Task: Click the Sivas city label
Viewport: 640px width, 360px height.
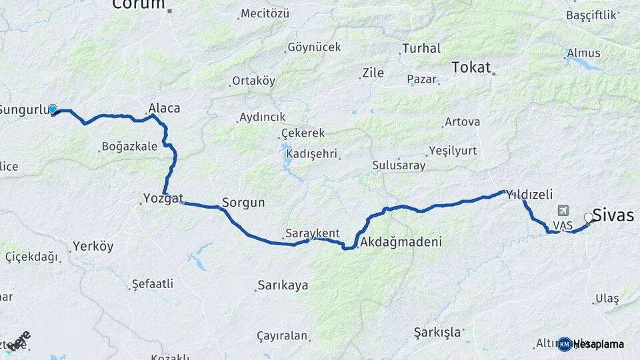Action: (613, 215)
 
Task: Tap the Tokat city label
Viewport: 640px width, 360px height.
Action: (471, 67)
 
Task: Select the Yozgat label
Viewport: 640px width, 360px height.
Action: (163, 198)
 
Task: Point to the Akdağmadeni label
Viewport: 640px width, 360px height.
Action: (401, 242)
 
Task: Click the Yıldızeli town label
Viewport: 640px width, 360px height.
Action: (529, 195)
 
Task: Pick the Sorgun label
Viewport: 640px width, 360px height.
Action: (243, 203)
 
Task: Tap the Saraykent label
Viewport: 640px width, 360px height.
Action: (312, 234)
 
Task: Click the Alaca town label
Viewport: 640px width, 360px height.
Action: (164, 108)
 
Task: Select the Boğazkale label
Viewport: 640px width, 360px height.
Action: (129, 147)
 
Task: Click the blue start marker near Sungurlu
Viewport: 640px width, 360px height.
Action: (53, 109)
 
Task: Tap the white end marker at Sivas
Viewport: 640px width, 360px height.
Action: (589, 217)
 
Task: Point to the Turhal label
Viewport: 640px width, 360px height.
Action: (421, 49)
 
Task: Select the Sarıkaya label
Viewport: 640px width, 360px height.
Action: (283, 285)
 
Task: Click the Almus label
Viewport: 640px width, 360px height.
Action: (583, 53)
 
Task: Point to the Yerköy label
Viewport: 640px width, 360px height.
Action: (93, 246)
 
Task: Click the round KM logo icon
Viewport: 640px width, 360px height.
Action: (565, 344)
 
